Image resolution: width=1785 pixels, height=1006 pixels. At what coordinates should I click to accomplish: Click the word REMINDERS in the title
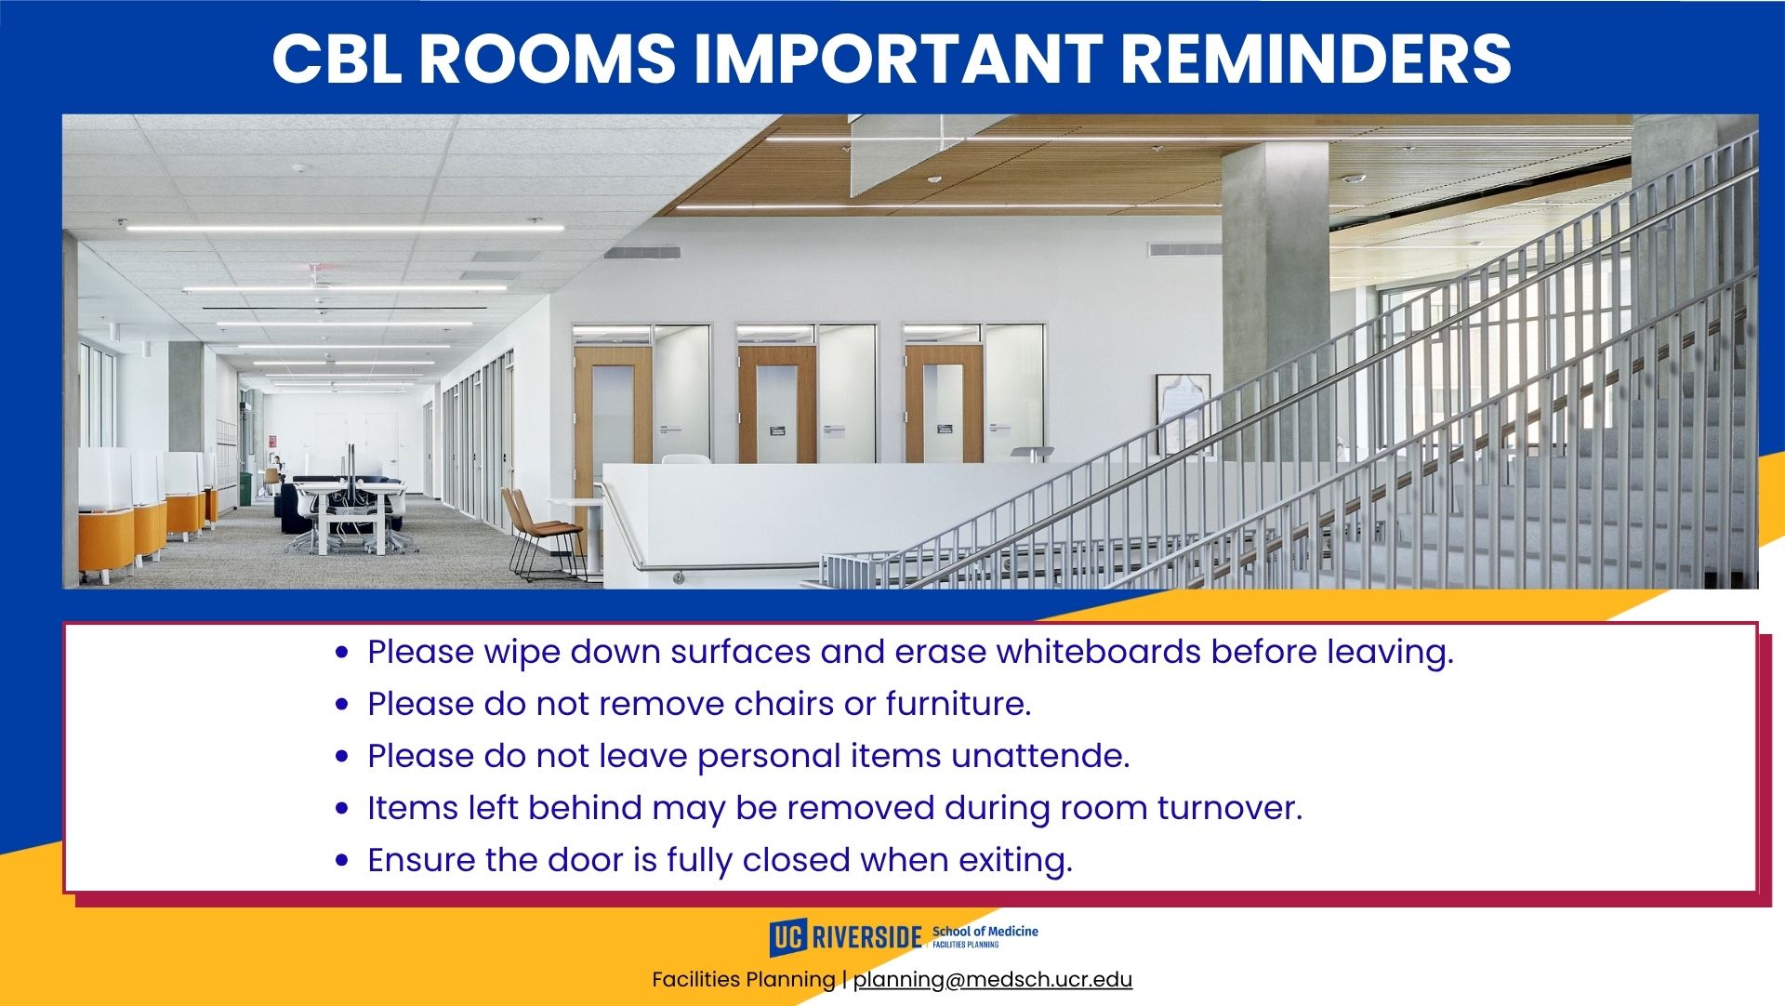[1316, 58]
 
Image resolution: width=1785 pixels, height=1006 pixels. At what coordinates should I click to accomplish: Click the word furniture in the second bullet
[959, 704]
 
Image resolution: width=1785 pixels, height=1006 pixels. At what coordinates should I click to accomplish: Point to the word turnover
[1229, 808]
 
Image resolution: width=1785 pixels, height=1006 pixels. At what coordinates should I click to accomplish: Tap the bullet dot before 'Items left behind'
[343, 809]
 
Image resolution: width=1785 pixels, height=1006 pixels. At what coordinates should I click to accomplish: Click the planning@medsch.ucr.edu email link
[993, 979]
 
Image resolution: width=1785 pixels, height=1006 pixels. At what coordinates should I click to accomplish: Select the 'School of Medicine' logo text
[985, 931]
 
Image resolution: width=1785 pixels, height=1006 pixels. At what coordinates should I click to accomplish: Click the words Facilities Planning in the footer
[744, 979]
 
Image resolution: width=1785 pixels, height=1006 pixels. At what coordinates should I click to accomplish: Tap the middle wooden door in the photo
[777, 405]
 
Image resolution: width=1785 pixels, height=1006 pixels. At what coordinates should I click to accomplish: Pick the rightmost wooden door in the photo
[944, 405]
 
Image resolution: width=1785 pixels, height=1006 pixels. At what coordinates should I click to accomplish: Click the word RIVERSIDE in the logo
[866, 937]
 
